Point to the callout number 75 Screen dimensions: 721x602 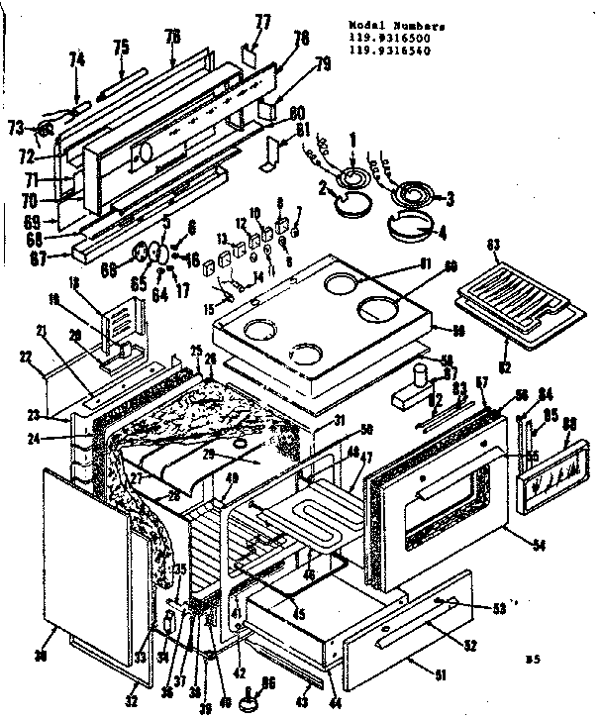(x=121, y=46)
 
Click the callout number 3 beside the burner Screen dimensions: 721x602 (x=449, y=199)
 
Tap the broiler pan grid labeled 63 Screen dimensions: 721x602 (x=512, y=295)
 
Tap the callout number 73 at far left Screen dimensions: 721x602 (x=16, y=127)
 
